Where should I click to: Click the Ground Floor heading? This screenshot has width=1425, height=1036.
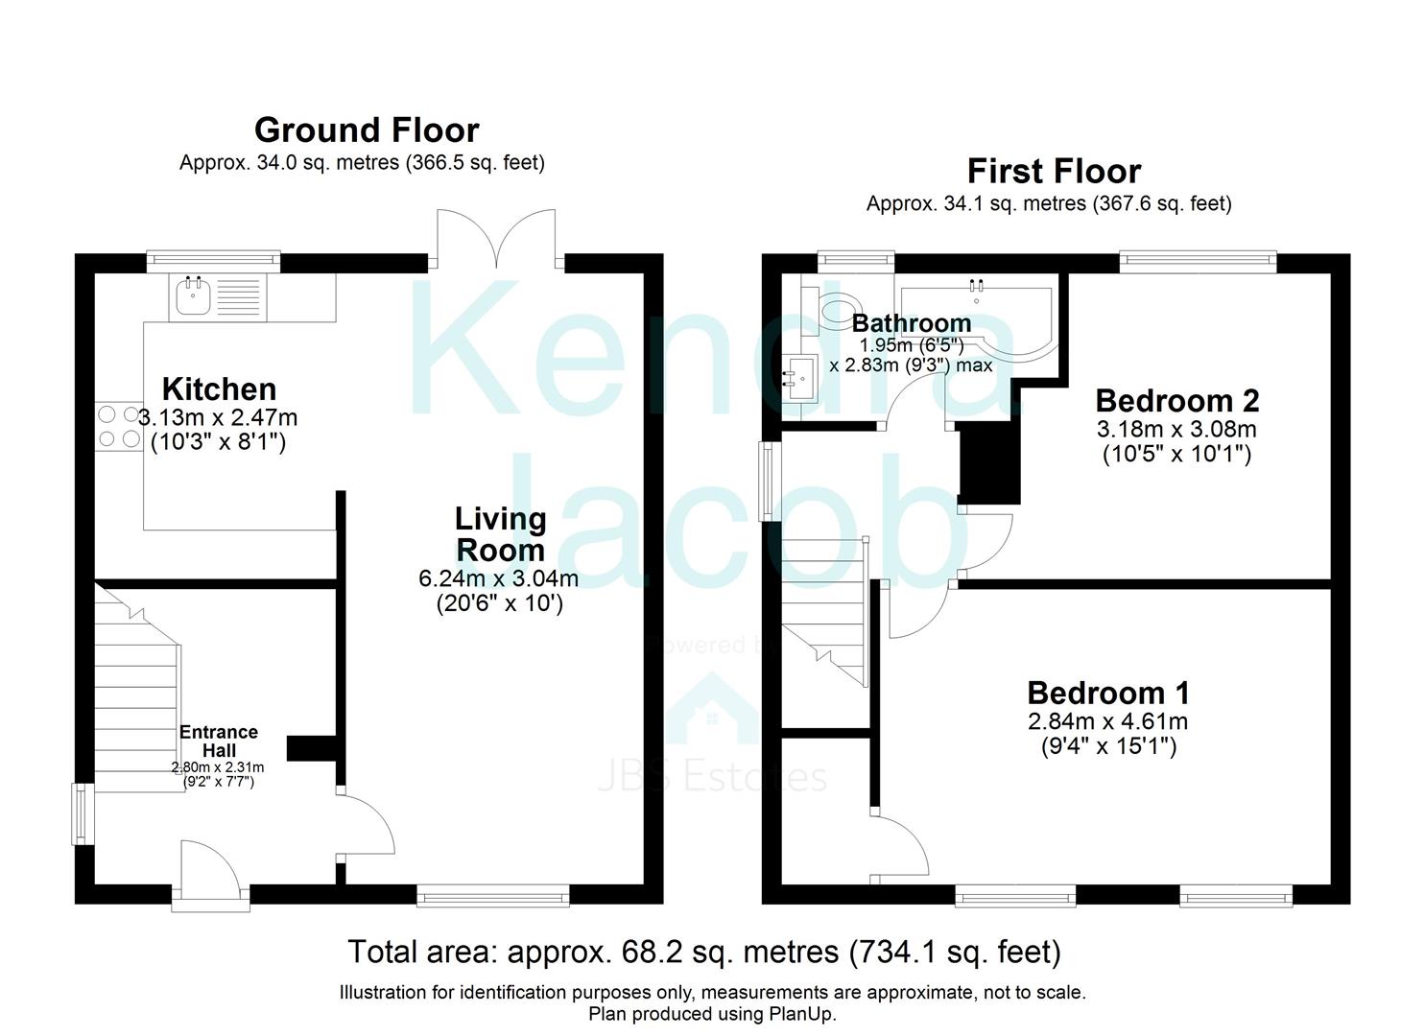(367, 130)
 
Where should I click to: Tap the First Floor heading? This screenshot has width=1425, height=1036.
(1055, 171)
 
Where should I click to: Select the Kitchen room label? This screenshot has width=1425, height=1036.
(219, 389)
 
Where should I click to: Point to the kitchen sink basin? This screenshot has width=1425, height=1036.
(193, 296)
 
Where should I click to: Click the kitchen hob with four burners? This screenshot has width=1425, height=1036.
(119, 427)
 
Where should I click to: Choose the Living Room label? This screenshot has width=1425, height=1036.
(501, 535)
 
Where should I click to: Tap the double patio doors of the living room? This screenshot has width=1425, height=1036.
(496, 240)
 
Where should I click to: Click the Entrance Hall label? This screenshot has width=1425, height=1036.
(218, 741)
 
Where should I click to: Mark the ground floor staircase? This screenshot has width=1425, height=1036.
(137, 689)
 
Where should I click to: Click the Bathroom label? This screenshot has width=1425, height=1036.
(911, 323)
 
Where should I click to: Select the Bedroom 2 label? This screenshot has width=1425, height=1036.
(1176, 401)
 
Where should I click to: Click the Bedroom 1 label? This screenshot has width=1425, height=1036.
(1108, 693)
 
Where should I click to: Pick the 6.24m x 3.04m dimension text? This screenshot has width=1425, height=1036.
(499, 578)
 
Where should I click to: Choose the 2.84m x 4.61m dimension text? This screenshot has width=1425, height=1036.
(1108, 721)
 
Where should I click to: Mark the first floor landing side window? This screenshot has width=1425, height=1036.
(771, 482)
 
